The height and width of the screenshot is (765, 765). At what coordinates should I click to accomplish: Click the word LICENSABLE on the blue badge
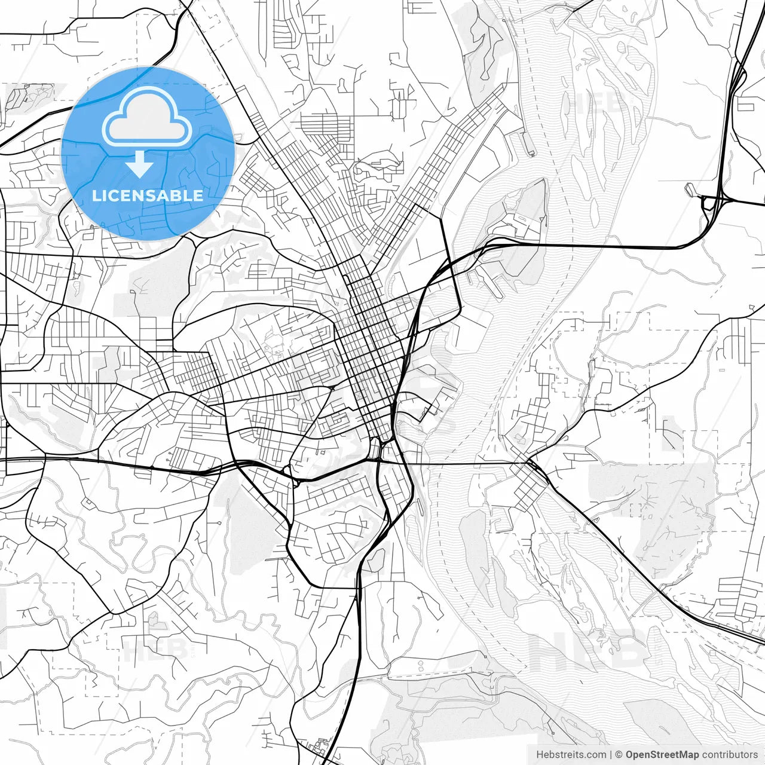[x=147, y=195]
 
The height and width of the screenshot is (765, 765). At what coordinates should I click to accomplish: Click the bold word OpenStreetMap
[x=662, y=755]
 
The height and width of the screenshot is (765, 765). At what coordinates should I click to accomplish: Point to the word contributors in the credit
[x=730, y=755]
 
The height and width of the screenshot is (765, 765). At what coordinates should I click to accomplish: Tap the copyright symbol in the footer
[x=619, y=755]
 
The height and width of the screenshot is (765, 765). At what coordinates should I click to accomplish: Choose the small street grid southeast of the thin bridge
[x=526, y=490]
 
